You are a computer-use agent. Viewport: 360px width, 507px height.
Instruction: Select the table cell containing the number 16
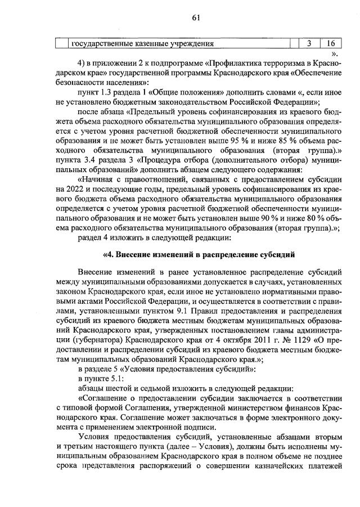331,44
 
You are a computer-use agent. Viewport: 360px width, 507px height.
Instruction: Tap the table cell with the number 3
309,44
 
